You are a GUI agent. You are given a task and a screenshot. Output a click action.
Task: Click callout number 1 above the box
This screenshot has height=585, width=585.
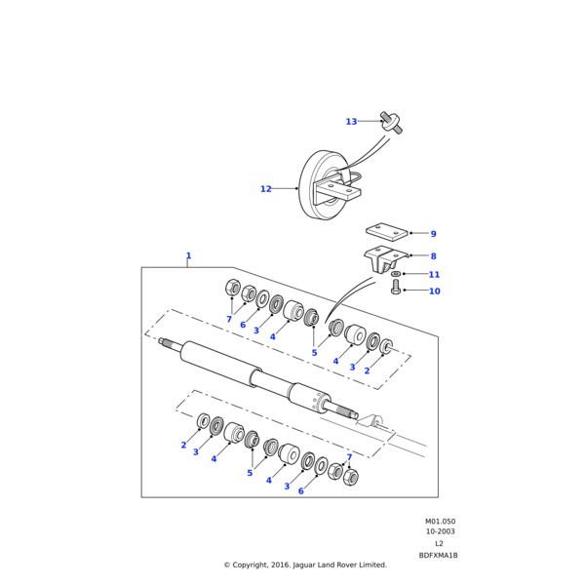coord(188,256)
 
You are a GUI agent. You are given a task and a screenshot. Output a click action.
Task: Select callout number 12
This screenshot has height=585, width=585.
coord(265,189)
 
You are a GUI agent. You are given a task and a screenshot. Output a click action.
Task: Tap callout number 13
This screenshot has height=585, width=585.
coord(351,122)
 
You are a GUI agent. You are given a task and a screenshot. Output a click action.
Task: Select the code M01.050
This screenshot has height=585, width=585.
coord(440,522)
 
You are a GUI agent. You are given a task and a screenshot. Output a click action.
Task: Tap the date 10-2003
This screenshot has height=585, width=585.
coord(440,532)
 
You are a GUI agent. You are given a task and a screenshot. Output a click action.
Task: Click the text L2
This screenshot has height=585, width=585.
coord(439,543)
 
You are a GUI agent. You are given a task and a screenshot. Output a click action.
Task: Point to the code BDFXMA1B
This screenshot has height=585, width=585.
coord(439,555)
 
